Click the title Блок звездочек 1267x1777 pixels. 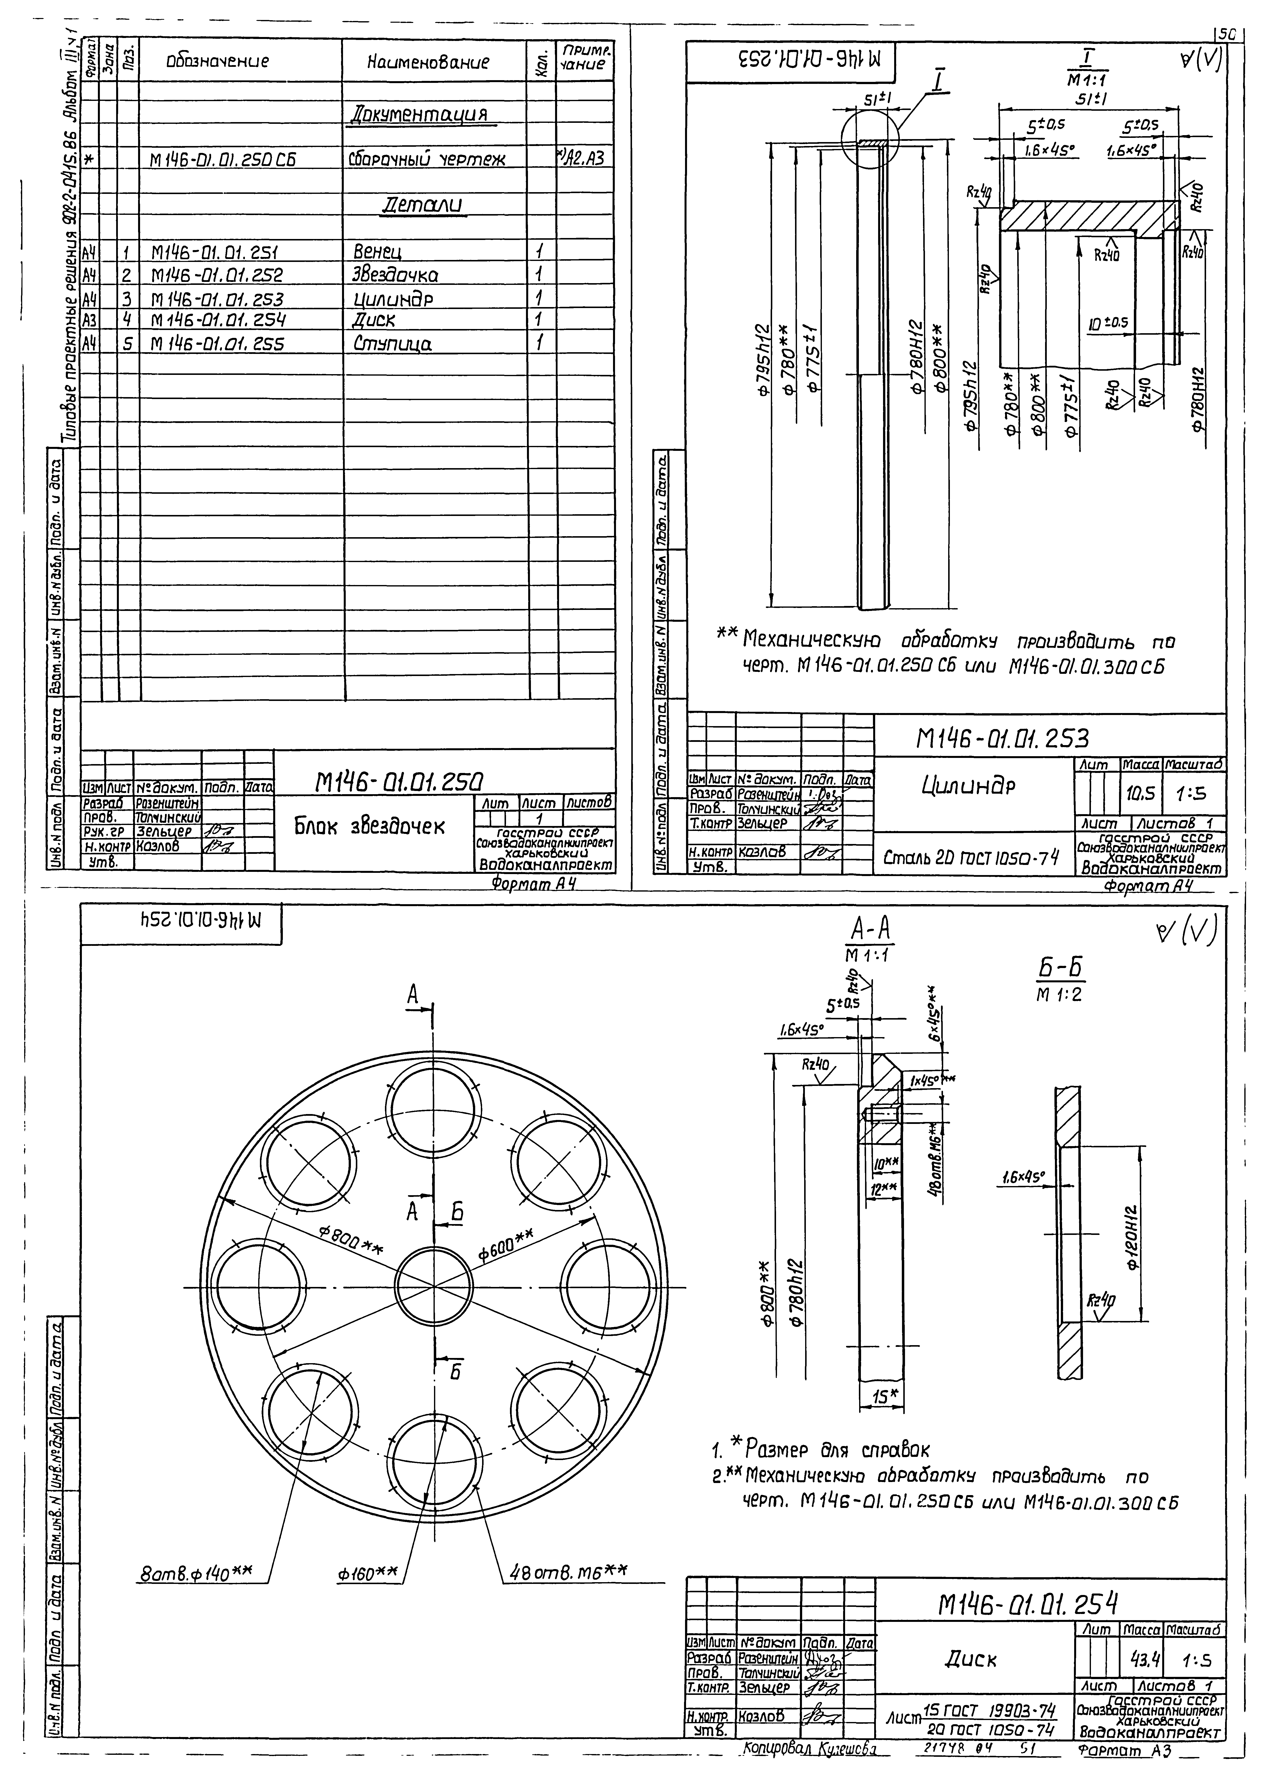click(369, 827)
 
